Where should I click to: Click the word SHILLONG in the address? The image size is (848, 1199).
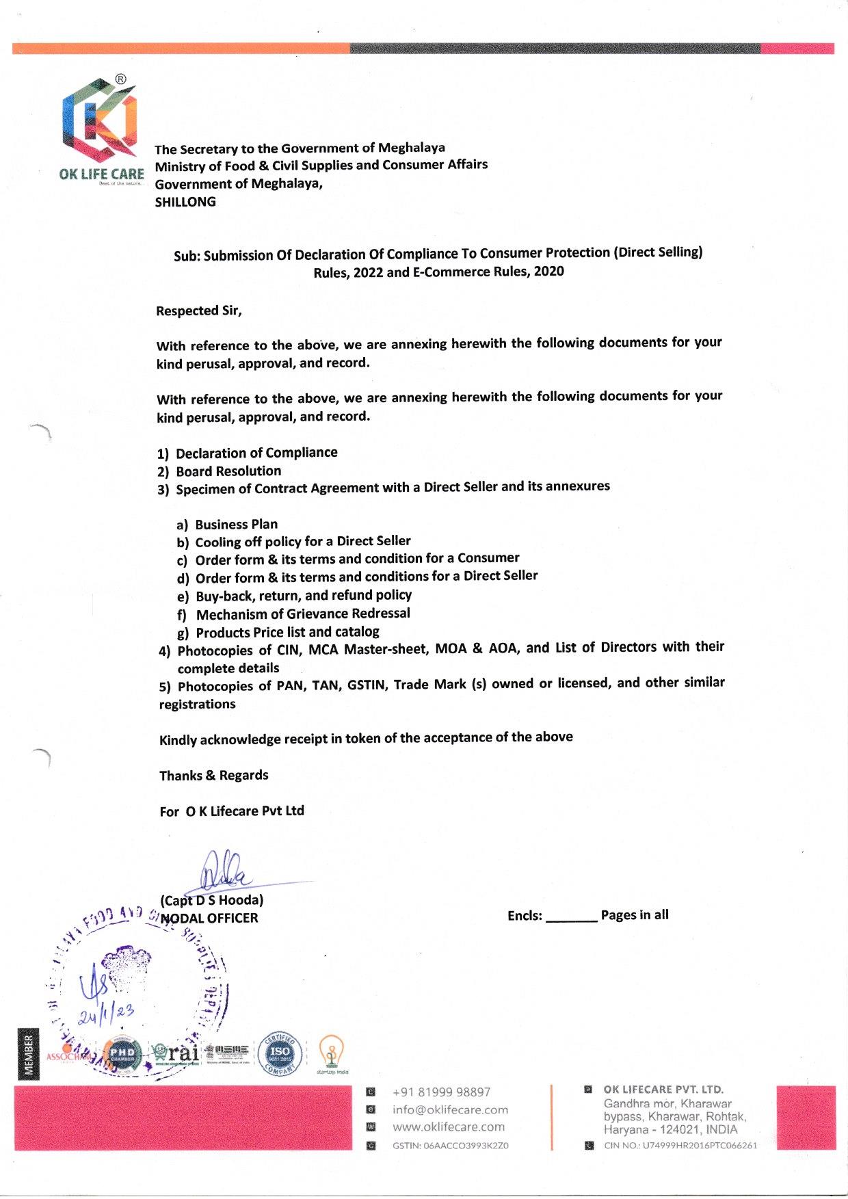coord(185,202)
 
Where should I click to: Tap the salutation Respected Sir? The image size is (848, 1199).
coord(198,311)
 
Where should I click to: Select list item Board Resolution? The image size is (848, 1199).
coord(228,471)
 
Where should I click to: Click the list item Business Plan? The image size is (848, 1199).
coord(236,525)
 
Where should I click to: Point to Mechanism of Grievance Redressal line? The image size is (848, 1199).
coord(303,614)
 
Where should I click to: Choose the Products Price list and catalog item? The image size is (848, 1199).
coord(287,632)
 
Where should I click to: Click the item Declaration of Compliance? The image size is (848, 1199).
coord(256,453)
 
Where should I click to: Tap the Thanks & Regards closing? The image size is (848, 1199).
coord(213,775)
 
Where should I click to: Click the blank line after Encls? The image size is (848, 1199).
coord(572,917)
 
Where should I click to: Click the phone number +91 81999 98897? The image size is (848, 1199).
coord(441,1092)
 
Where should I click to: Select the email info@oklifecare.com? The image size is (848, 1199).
coord(450,1109)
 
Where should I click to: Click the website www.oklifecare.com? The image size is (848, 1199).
coord(448,1126)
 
